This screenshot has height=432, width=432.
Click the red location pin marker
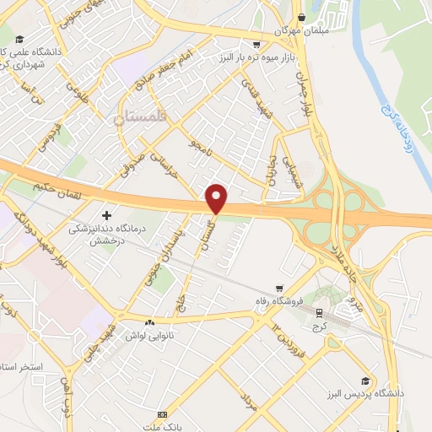click(x=217, y=198)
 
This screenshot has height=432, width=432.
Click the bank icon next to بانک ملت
click(x=163, y=414)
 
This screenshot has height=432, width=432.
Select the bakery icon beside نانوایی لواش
click(x=150, y=322)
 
